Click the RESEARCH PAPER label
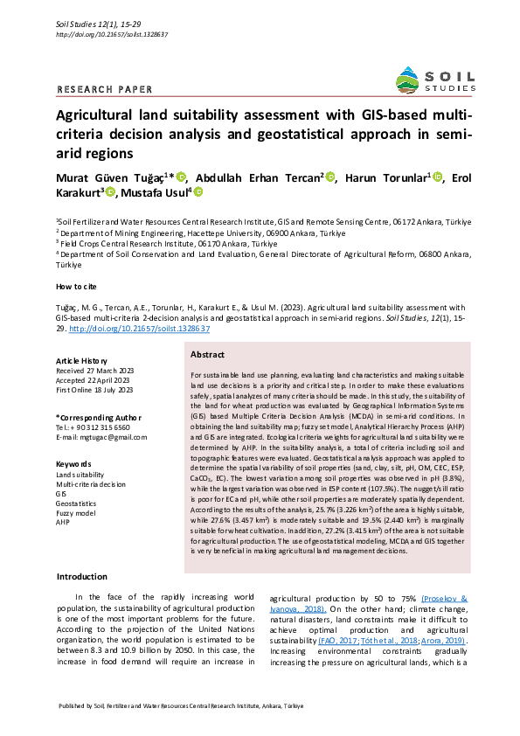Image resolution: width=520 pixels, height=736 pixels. click(104, 89)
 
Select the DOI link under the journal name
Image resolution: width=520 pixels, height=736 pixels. click(111, 34)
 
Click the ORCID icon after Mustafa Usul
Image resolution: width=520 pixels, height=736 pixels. click(198, 192)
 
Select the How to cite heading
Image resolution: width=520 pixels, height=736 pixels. click(78, 287)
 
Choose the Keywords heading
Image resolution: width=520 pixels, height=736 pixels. click(73, 463)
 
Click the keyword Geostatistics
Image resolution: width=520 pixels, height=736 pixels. click(77, 503)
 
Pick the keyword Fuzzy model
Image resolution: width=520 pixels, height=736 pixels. click(76, 513)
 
